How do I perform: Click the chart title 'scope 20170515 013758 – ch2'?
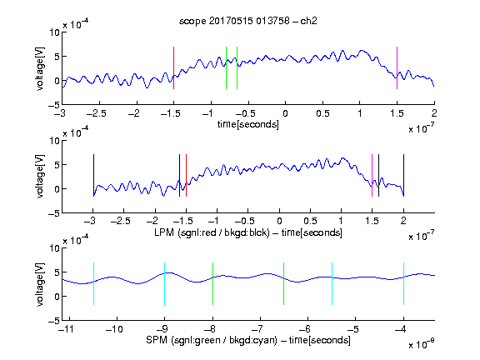click(248, 21)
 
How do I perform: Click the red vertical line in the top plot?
click(173, 68)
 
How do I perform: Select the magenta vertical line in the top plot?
click(397, 68)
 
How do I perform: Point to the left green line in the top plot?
click(226, 68)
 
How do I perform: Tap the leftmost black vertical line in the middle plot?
click(93, 175)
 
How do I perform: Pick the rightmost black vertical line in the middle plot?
click(403, 175)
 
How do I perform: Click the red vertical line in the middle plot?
click(186, 175)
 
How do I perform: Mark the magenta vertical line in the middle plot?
click(372, 175)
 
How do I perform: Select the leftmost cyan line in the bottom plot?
click(93, 284)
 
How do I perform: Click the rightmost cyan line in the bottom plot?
click(403, 284)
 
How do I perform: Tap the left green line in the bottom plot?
click(212, 284)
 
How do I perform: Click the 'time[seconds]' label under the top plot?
click(248, 124)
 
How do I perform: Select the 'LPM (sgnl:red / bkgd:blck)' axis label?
click(212, 232)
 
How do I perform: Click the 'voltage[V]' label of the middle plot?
click(40, 176)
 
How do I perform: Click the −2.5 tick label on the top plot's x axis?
click(97, 113)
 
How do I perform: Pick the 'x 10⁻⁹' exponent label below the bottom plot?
click(422, 344)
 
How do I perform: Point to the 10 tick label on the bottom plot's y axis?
click(54, 248)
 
